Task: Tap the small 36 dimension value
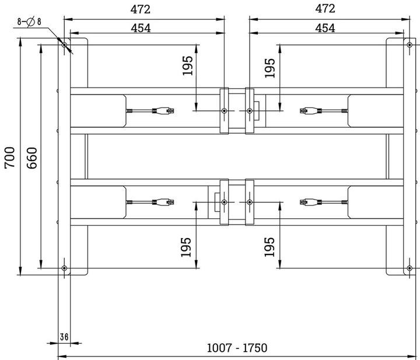65,337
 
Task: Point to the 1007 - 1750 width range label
237,348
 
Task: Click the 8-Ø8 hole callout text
29,22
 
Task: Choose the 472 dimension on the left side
140,9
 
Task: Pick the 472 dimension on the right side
325,9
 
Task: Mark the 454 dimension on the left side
140,28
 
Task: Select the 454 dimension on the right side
325,28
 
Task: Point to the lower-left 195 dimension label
187,247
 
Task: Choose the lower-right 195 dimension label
269,247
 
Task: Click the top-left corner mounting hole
64,45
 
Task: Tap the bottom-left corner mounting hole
64,268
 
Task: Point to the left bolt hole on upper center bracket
224,110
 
